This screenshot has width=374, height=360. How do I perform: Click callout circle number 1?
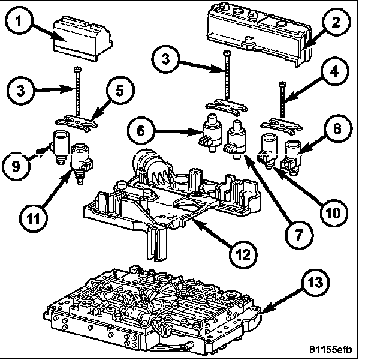point(19,21)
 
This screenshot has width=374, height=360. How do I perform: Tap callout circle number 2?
point(336,22)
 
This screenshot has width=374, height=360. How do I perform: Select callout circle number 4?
point(334,71)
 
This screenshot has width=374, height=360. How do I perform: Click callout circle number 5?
point(120,90)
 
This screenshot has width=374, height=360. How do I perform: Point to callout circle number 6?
point(141,130)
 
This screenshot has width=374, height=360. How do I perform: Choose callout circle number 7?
point(299,235)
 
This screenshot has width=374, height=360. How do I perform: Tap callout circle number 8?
point(337,129)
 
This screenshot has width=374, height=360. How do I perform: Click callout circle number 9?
point(16,166)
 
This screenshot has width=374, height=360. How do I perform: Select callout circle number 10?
point(334,212)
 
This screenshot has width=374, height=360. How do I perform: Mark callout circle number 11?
point(34,218)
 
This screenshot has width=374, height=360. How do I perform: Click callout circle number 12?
point(243,254)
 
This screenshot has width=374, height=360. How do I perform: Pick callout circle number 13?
point(315,283)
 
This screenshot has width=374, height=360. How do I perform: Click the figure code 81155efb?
point(330,349)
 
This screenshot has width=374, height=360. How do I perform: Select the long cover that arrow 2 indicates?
point(260,34)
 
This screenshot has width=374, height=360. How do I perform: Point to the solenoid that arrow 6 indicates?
point(210,133)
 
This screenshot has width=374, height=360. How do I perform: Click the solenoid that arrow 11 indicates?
point(81,163)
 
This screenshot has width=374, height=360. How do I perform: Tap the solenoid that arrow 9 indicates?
point(59,146)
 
